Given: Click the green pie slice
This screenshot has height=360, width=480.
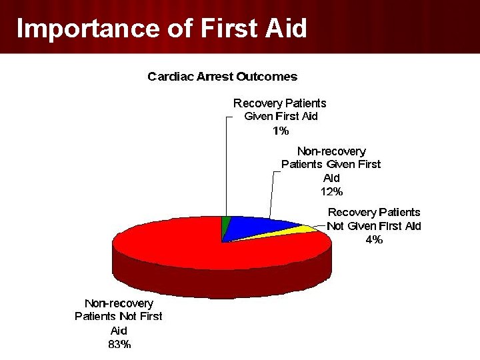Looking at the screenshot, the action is click(225, 225).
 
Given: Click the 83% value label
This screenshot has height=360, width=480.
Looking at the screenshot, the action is click(119, 344).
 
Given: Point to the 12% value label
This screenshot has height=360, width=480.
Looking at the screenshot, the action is click(331, 191).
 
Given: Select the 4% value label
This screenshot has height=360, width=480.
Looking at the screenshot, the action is click(374, 239).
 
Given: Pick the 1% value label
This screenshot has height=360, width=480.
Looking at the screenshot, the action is click(281, 131).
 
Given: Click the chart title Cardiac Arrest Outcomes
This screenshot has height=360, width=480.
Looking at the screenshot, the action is click(223, 77).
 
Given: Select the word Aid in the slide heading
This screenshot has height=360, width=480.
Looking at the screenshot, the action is click(286, 28).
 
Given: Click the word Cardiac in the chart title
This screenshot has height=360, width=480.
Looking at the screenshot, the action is click(171, 77).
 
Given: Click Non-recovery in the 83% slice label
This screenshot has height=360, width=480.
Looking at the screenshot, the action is click(119, 303).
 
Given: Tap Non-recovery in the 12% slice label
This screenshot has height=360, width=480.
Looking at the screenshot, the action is click(331, 151).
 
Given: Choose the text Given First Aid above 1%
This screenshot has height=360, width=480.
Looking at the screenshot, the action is click(281, 116).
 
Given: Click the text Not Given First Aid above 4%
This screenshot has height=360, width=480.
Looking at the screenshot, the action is click(374, 226).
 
